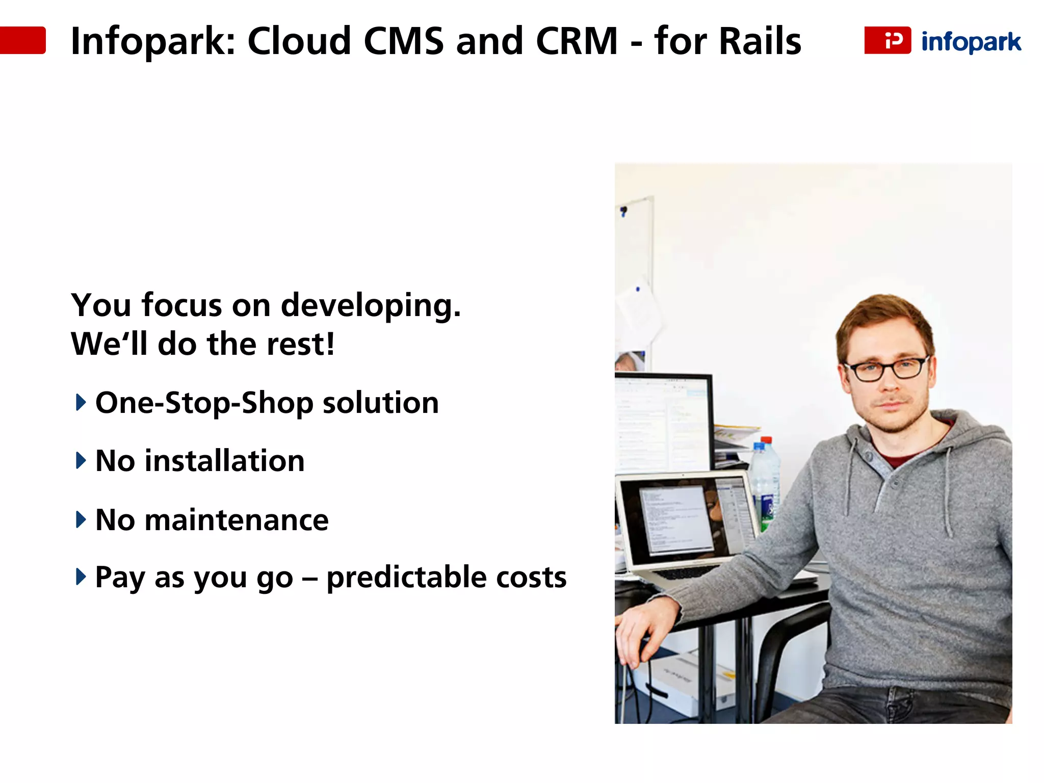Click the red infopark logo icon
point(887,40)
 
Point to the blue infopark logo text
point(971,42)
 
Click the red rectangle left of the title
point(23,40)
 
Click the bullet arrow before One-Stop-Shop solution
point(81,402)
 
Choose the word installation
point(224,461)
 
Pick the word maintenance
point(237,520)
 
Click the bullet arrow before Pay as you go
point(81,577)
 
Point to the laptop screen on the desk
point(678,520)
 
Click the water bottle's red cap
point(766,440)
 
